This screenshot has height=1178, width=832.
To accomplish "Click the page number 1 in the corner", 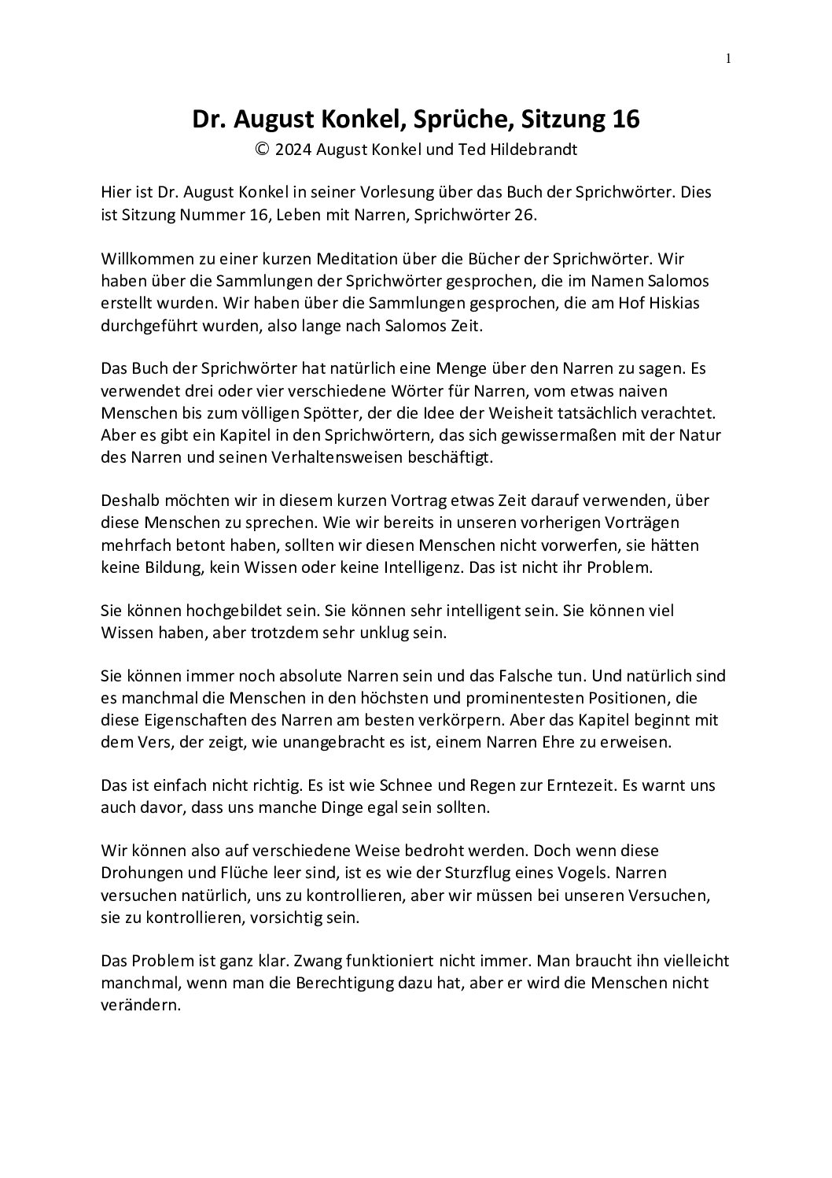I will click(x=728, y=57).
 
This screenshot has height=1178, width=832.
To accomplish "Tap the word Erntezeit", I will click(x=558, y=785).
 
